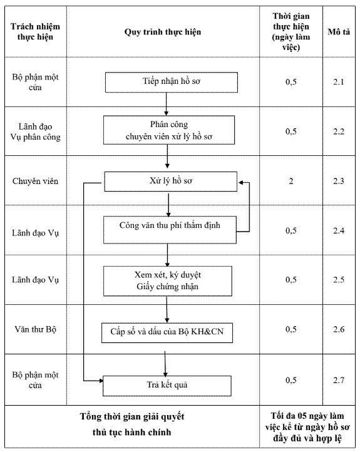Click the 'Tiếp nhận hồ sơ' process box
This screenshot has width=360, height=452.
pyautogui.click(x=171, y=82)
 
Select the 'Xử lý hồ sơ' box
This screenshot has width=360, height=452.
pyautogui.click(x=171, y=182)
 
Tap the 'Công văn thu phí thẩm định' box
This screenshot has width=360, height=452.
pyautogui.click(x=170, y=230)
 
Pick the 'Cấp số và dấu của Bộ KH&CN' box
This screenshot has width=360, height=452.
pyautogui.click(x=167, y=332)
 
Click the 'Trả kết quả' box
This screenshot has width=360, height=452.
pyautogui.click(x=167, y=386)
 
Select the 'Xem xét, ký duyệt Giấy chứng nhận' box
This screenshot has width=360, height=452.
pyautogui.click(x=167, y=281)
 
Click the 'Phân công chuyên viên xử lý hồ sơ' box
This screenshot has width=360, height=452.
pyautogui.click(x=169, y=130)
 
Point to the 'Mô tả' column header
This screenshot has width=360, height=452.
pyautogui.click(x=339, y=32)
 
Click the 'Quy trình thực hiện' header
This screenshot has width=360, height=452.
pyautogui.click(x=163, y=32)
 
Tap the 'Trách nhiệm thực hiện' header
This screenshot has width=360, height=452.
pyautogui.click(x=35, y=31)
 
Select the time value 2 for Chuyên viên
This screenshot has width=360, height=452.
pyautogui.click(x=291, y=181)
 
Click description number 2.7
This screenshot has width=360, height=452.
pyautogui.click(x=339, y=380)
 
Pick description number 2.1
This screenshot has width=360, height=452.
pyautogui.click(x=339, y=82)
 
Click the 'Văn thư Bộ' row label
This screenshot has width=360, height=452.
pyautogui.click(x=36, y=329)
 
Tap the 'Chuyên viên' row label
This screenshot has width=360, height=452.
pyautogui.click(x=35, y=181)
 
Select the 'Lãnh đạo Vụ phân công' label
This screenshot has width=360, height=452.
pyautogui.click(x=36, y=131)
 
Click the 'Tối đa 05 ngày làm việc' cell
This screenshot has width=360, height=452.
pyautogui.click(x=307, y=426)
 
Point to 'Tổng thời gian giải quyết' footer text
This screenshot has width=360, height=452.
pyautogui.click(x=132, y=416)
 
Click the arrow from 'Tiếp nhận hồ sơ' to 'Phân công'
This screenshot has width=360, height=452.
pyautogui.click(x=167, y=104)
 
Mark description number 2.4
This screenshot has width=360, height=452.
pyautogui.click(x=339, y=230)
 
